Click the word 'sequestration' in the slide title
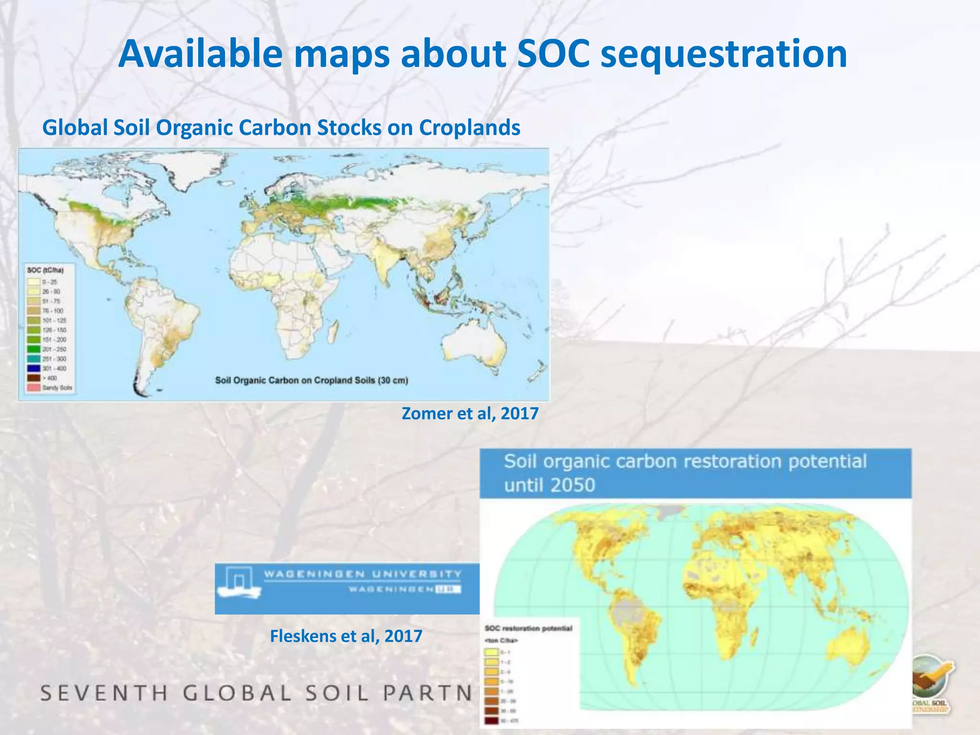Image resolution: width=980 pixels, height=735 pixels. point(723,54)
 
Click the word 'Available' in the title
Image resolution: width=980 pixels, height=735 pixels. point(200,54)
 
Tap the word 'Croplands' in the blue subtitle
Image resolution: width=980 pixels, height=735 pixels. point(469,128)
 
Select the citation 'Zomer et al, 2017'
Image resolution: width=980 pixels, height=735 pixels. point(470,413)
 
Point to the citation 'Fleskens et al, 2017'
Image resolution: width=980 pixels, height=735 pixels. point(346,636)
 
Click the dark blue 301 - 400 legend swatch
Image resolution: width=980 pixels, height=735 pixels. point(33,368)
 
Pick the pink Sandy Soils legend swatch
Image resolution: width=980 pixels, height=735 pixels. point(33,388)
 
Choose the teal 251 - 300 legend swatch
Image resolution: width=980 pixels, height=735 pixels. point(33,359)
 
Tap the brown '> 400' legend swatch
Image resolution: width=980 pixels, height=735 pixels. point(33,378)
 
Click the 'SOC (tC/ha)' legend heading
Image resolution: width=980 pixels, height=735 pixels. point(45,270)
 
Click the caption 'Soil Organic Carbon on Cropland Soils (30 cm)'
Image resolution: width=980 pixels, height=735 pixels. point(312,381)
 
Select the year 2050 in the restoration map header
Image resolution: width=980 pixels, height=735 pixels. point(573,485)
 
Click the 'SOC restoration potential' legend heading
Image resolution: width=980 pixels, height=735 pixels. point(528,628)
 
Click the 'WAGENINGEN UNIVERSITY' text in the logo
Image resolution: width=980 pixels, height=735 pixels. point(363,574)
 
